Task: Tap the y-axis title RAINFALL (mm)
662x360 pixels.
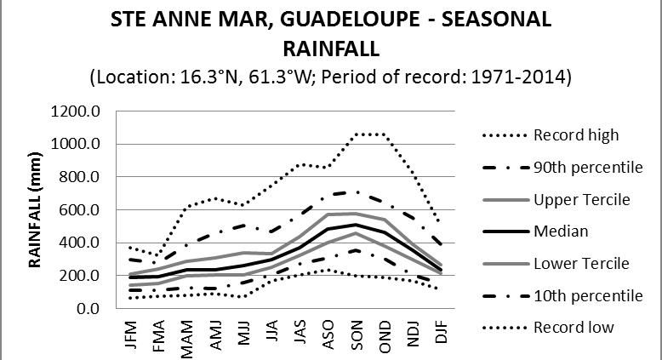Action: tap(37, 208)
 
